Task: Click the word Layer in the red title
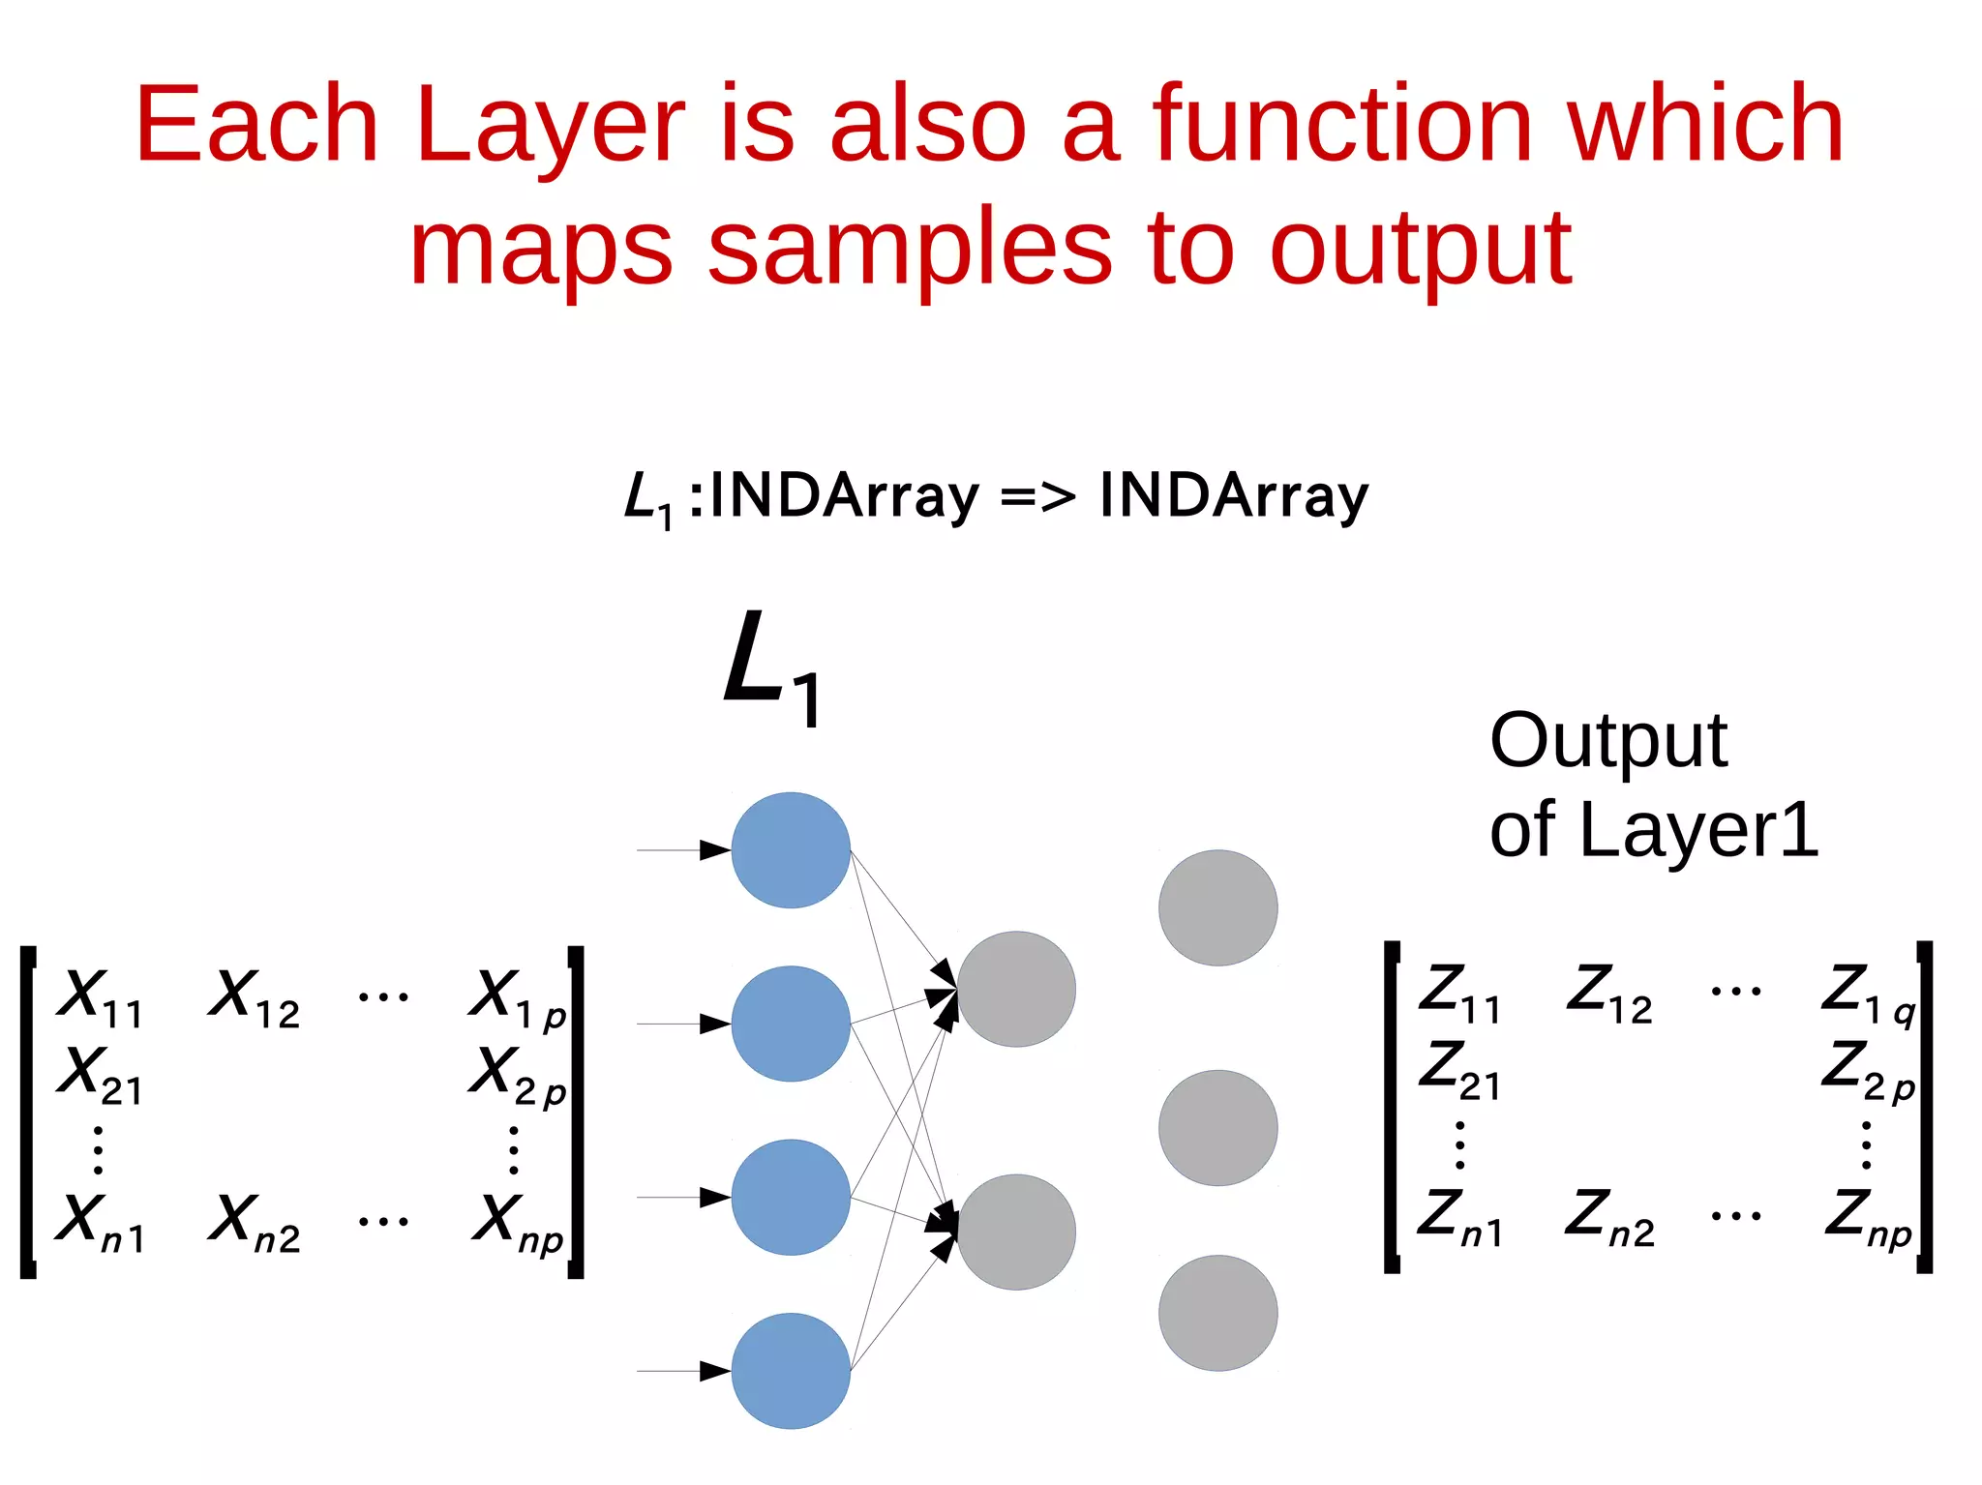pos(550,126)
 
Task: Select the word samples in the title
pos(910,249)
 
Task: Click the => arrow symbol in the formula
pos(1037,496)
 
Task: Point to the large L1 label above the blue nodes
pos(771,668)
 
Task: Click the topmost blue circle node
pos(791,850)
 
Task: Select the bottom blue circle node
pos(791,1371)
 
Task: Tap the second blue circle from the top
pos(791,1024)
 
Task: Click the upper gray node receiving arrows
pos(1016,989)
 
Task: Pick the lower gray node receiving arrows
pos(1016,1232)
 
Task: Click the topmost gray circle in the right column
pos(1217,907)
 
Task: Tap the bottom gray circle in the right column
pos(1217,1313)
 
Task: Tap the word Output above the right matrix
pos(1607,741)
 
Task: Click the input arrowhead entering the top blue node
pos(714,850)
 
